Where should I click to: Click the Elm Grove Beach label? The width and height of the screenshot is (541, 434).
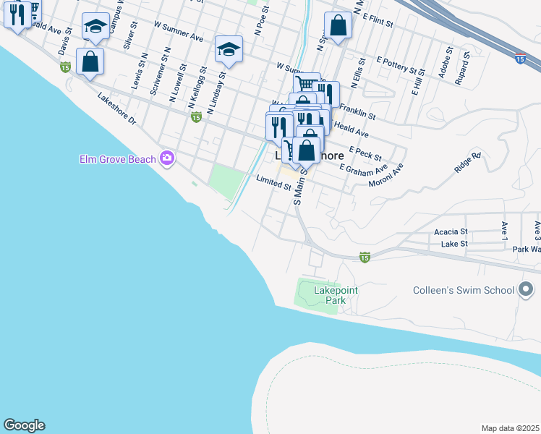119,158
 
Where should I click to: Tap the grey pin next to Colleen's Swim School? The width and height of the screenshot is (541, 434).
526,290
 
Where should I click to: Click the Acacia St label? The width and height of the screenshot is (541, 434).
452,231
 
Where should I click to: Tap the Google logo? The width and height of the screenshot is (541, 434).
24,425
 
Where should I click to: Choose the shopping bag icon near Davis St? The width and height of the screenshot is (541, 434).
90,61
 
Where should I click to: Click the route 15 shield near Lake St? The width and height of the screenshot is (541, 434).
365,257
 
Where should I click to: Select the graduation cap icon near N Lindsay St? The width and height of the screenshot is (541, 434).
229,49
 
